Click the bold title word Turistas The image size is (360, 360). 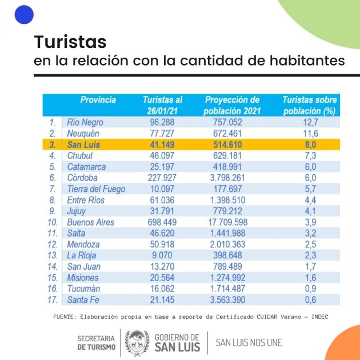pyautogui.click(x=70, y=42)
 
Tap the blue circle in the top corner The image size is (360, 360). pyautogui.click(x=24, y=14)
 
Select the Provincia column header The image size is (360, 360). pyautogui.click(x=98, y=100)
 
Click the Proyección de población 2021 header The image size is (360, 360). pyautogui.click(x=232, y=105)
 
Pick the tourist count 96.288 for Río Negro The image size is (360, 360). pyautogui.click(x=162, y=122)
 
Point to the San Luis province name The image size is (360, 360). pyautogui.click(x=83, y=145)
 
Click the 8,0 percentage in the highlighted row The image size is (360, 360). pyautogui.click(x=310, y=145)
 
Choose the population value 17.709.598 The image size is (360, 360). pyautogui.click(x=228, y=222)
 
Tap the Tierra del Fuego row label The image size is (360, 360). pyautogui.click(x=96, y=189)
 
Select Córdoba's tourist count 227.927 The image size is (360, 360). pyautogui.click(x=162, y=178)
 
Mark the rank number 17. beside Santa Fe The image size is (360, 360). pyautogui.click(x=53, y=300)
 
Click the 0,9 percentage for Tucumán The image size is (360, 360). pyautogui.click(x=310, y=289)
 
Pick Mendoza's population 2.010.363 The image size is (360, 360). pyautogui.click(x=228, y=245)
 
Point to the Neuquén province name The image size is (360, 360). pyautogui.click(x=83, y=133)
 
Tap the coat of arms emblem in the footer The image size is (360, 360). pyautogui.click(x=137, y=342)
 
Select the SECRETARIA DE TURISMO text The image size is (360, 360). pyautogui.click(x=96, y=342)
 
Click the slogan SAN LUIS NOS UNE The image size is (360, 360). pyautogui.click(x=249, y=342)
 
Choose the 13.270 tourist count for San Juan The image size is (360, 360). pyautogui.click(x=162, y=266)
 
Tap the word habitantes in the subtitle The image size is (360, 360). pyautogui.click(x=307, y=60)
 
